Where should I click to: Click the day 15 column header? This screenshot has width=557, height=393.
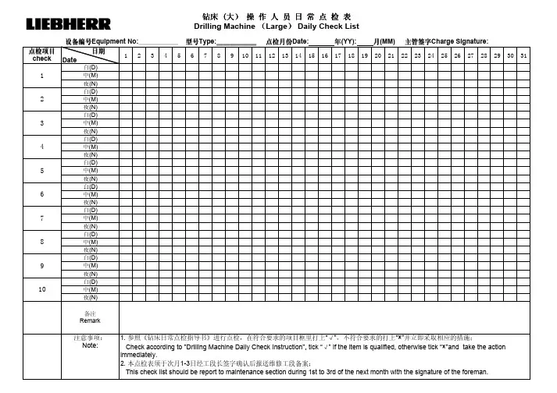312,55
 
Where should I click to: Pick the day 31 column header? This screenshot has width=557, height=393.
523,55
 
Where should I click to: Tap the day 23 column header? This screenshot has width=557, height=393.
417,55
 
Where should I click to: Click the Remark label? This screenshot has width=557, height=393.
90,320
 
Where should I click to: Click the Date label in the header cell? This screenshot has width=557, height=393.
70,59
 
